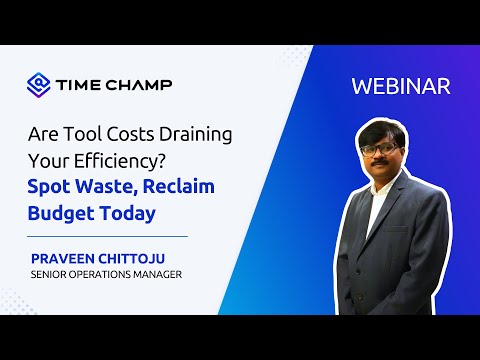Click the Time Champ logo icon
tap(38, 83)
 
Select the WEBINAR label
tap(400, 86)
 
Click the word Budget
tap(67, 215)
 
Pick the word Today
tap(133, 215)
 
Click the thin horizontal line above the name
tap(110, 237)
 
